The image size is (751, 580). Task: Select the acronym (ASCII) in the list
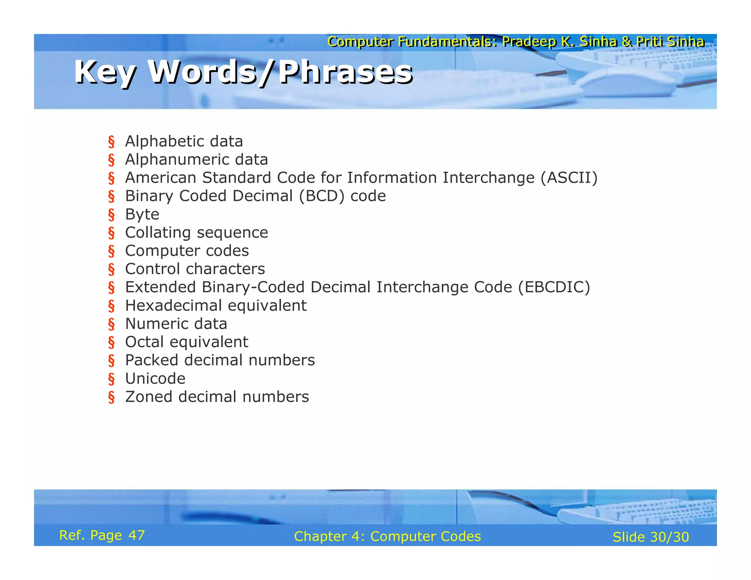click(569, 178)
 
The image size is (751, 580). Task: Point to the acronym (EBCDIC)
click(554, 287)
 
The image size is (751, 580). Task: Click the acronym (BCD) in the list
click(322, 196)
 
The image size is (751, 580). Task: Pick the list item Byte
click(142, 214)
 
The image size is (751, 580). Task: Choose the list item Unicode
click(155, 379)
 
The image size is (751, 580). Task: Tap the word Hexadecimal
click(173, 306)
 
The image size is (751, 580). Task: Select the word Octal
click(144, 342)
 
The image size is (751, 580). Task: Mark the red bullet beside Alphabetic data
click(111, 142)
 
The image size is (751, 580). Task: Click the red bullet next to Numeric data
click(111, 324)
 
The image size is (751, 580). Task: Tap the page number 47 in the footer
click(136, 535)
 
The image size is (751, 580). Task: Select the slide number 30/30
click(669, 537)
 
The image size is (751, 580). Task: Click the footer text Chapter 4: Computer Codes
click(387, 536)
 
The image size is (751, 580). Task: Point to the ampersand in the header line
click(626, 42)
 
